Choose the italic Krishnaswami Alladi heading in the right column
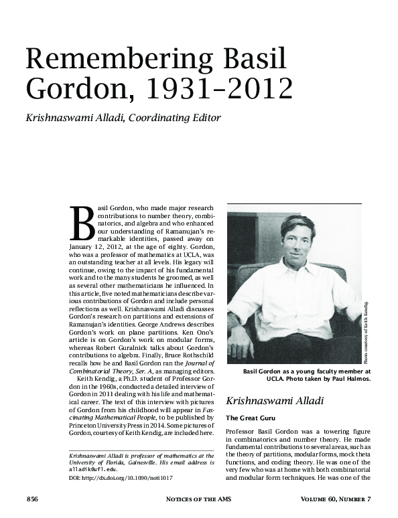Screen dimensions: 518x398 click(x=266, y=402)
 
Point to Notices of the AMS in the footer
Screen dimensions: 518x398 click(x=198, y=499)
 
